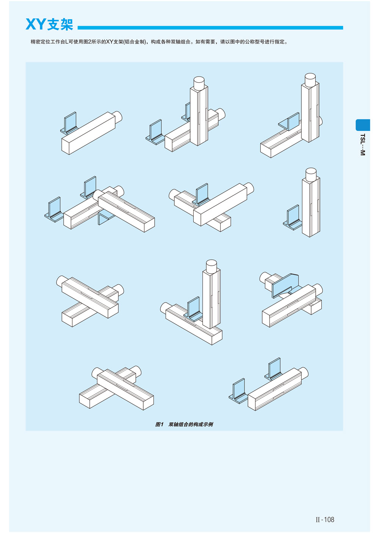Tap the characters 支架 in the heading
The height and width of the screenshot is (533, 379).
(x=60, y=24)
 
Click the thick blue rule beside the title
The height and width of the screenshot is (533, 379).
(x=210, y=28)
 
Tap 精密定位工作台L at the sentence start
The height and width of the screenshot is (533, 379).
(x=50, y=42)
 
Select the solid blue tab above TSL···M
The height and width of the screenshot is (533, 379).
(x=363, y=125)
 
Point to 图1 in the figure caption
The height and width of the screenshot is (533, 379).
(x=160, y=424)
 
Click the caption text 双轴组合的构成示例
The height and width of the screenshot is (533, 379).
(x=191, y=424)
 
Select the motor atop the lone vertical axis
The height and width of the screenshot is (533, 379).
(x=311, y=174)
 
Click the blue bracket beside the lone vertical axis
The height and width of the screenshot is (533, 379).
(x=293, y=218)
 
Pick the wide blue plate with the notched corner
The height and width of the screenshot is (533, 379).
(x=285, y=285)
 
